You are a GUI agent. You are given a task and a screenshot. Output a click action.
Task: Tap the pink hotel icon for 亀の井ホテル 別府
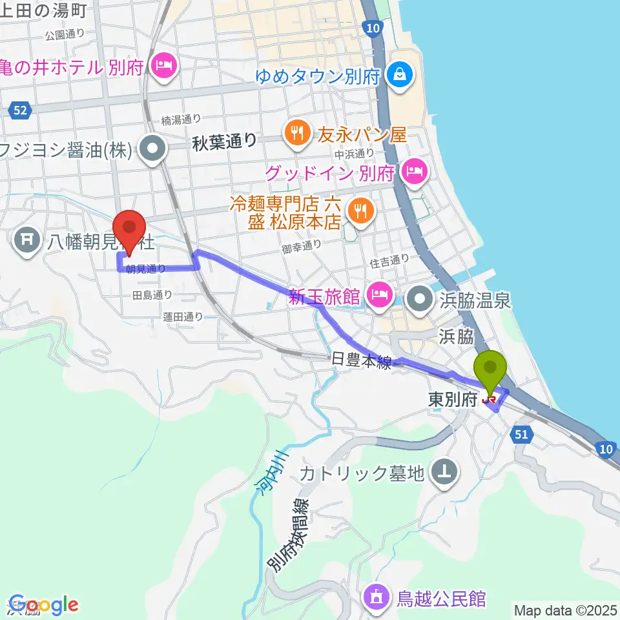[163, 66]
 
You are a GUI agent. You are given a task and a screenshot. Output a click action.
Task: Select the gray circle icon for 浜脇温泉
[421, 299]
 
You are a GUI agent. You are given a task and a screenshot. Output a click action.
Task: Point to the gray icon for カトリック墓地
[445, 473]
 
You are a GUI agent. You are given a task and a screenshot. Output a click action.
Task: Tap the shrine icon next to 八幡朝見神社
[27, 242]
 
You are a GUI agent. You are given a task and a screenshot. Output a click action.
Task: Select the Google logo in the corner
[43, 605]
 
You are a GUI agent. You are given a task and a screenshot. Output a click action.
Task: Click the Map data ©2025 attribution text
[565, 610]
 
